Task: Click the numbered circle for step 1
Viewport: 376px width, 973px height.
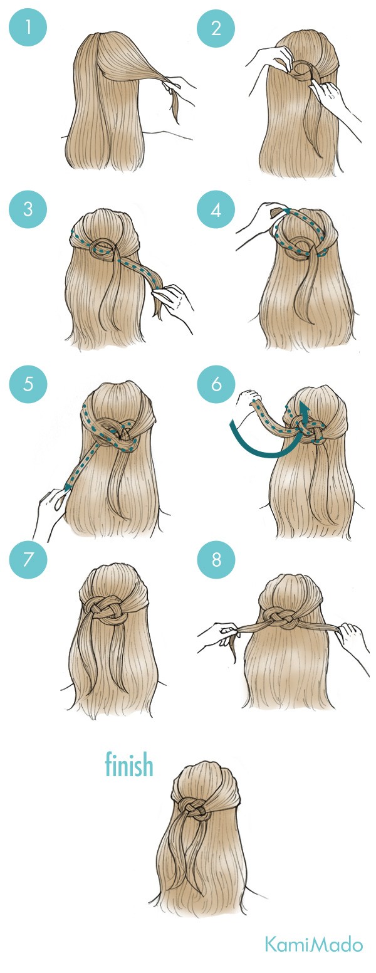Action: click(x=28, y=28)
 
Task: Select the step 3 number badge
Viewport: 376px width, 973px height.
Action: click(x=28, y=209)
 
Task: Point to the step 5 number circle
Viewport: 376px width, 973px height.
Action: click(x=28, y=384)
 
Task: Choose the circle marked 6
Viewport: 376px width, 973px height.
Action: click(x=216, y=384)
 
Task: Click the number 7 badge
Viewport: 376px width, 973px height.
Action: click(x=28, y=559)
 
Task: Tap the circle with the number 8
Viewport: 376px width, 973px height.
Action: click(x=216, y=559)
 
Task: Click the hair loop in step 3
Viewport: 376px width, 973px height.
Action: click(x=103, y=248)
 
